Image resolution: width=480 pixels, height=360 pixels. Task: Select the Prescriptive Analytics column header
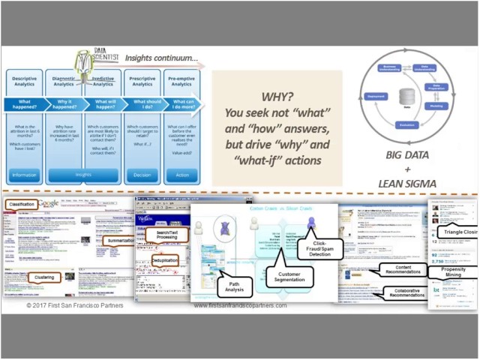point(142,80)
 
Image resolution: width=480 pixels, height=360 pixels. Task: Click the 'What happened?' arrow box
point(25,104)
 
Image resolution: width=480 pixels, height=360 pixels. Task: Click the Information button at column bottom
point(25,175)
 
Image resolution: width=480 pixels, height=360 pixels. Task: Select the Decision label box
point(142,175)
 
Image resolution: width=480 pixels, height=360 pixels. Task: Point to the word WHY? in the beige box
point(277,97)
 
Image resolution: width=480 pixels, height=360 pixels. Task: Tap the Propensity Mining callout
point(455,272)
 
